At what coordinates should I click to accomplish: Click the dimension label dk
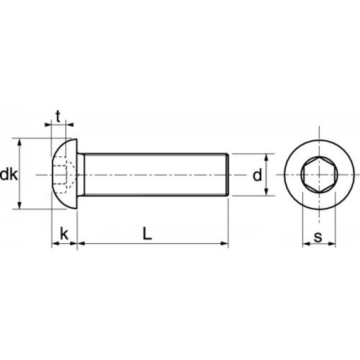tap(9, 175)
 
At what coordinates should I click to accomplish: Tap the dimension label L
tap(146, 234)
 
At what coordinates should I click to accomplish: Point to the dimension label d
tap(256, 176)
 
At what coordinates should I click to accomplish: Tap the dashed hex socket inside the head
tap(63, 175)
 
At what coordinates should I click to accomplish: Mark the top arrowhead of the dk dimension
tap(20, 141)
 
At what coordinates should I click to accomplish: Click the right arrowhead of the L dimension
tap(225, 243)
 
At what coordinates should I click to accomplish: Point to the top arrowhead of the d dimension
tap(266, 157)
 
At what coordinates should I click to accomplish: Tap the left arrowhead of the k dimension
tap(54, 243)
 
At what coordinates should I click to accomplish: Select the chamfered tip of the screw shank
tap(227, 174)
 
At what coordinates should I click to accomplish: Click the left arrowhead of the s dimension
tap(306, 244)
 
